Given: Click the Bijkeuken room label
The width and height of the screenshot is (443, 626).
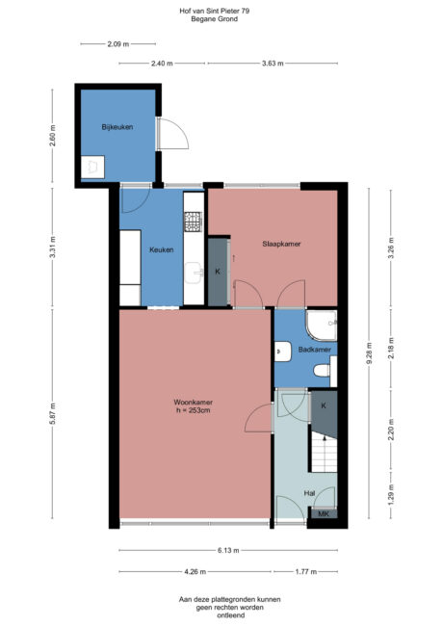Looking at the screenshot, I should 117,127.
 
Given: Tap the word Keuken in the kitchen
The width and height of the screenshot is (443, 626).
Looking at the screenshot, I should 162,249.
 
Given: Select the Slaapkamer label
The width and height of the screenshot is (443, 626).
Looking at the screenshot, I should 281,244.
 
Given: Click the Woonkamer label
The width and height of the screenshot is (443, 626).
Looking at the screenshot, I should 193,402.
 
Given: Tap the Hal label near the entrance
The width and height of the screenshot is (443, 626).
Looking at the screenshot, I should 309,492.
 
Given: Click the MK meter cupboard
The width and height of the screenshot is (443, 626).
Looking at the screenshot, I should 325,513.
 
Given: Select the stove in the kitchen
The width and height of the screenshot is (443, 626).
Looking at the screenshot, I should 193,222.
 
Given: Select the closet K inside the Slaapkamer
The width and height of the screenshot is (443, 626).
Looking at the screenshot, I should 218,272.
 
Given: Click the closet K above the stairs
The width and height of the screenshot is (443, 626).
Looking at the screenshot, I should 324,405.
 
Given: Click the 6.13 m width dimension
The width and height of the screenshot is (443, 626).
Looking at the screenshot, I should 227,550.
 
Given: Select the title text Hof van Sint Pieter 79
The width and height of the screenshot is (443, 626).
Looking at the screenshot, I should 221,10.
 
